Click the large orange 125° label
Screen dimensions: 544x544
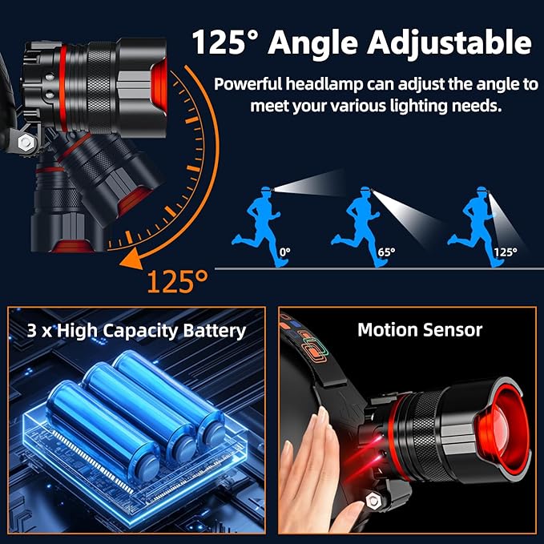coord(177,280)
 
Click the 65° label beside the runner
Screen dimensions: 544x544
coord(387,252)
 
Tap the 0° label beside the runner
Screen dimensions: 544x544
coord(285,252)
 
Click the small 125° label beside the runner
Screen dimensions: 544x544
coord(505,252)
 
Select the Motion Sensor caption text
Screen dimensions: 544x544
coord(420,329)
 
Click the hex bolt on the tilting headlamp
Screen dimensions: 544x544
coord(26,144)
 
